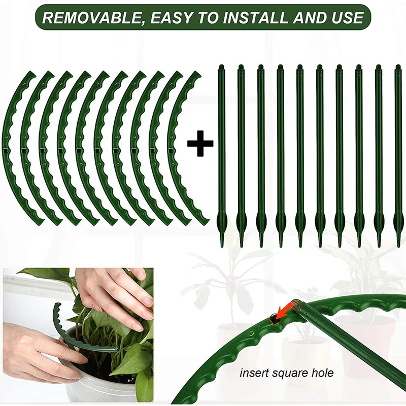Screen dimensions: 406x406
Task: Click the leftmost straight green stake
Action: pos(221,152)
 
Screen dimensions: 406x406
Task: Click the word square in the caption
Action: pos(288,374)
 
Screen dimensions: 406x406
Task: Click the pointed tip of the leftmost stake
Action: pos(221,243)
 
